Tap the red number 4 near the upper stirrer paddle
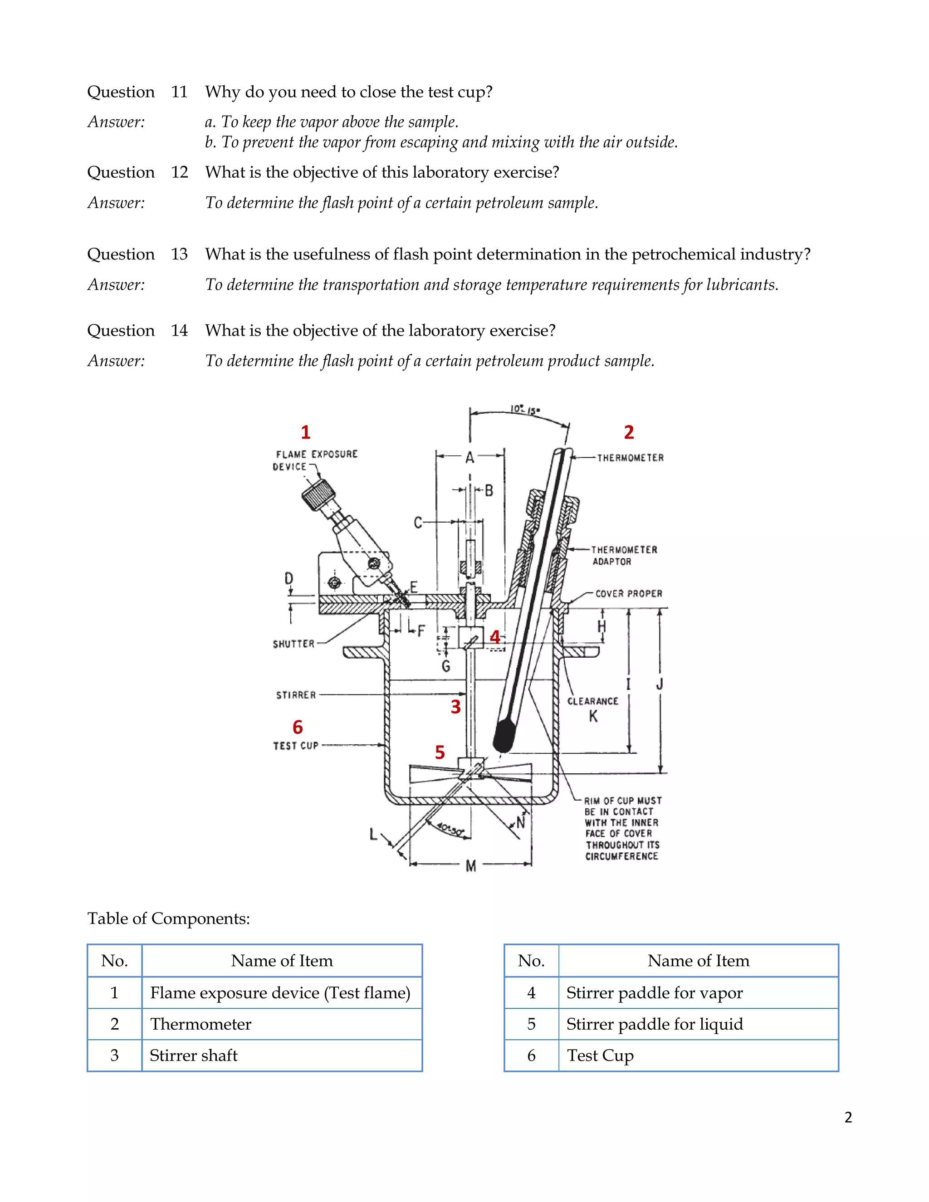[495, 637]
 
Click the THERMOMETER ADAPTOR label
[624, 555]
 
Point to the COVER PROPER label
[629, 594]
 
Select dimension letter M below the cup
[470, 866]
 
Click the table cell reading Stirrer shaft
[194, 1055]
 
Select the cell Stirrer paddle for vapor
[655, 993]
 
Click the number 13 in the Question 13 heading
[180, 254]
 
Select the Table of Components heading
[168, 919]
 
